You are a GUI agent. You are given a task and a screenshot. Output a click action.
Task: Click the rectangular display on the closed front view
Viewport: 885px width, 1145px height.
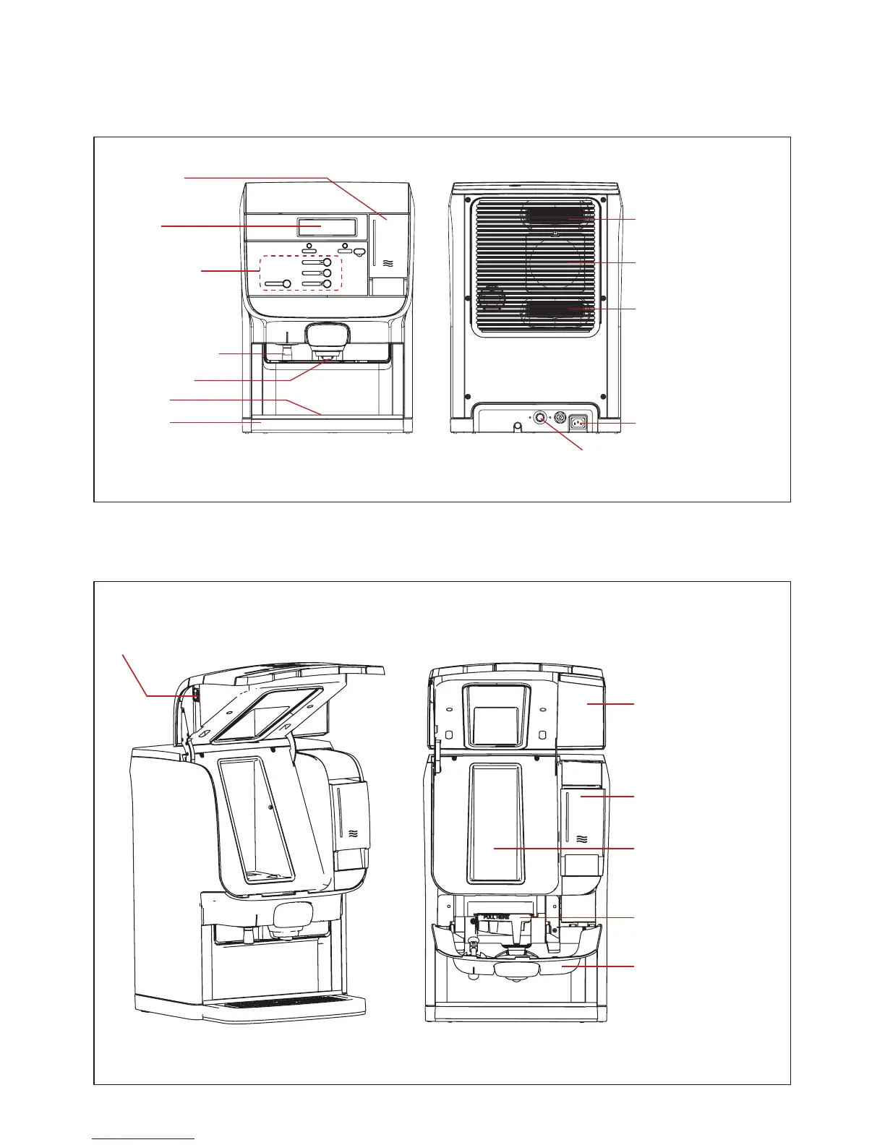[327, 227]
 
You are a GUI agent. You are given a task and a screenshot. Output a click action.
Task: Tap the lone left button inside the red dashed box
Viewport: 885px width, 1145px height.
[287, 284]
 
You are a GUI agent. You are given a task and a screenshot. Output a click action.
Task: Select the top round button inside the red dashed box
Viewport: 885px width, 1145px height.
[327, 263]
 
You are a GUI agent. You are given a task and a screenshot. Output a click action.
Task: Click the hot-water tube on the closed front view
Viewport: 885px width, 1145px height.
[286, 351]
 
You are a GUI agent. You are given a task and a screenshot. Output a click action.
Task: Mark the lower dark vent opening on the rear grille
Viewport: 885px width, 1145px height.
[554, 311]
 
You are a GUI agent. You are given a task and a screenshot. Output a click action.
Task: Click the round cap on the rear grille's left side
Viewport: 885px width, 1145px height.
[491, 299]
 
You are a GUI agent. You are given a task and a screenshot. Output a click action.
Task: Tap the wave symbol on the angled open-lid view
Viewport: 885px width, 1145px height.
[354, 833]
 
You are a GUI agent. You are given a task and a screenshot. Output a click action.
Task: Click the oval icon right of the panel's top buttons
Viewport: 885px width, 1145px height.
[359, 254]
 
